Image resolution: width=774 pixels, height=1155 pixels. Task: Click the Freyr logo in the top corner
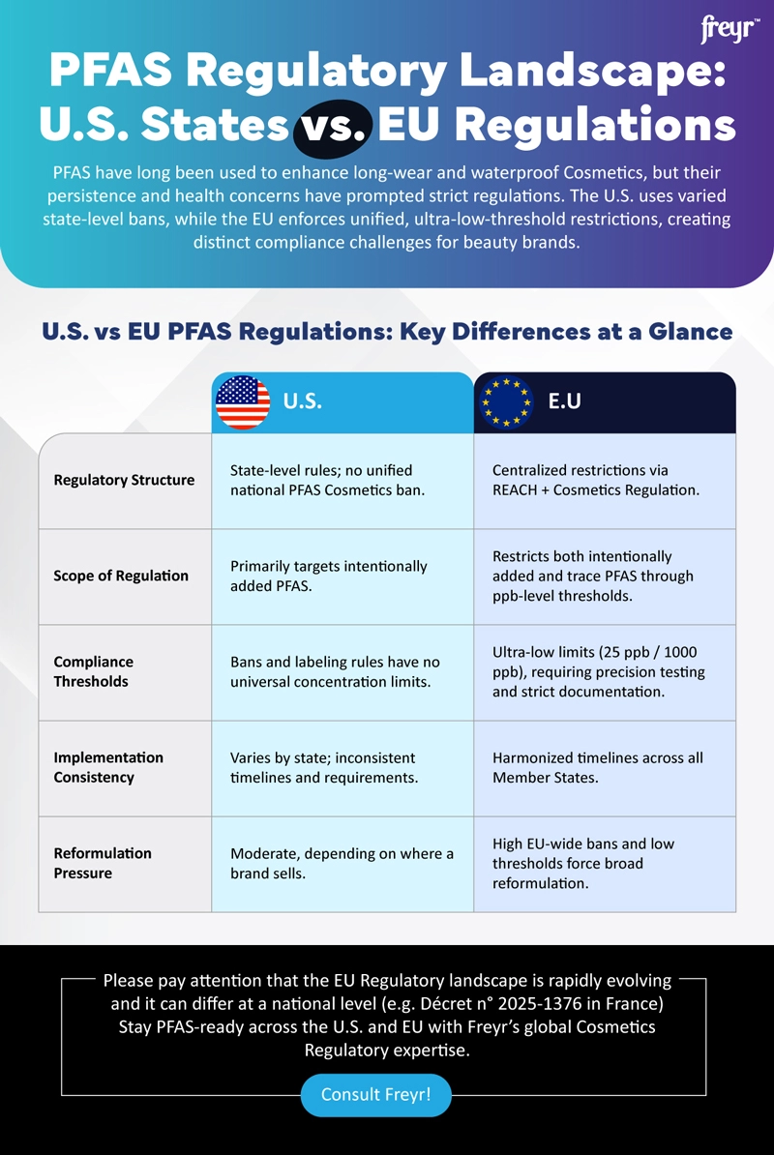729,30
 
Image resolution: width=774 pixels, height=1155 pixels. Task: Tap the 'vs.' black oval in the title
333,128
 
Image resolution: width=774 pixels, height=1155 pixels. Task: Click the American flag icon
243,402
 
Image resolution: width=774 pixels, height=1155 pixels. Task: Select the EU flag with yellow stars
504,402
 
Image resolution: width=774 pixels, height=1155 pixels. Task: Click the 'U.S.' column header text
302,401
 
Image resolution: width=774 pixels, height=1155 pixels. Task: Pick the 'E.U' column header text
564,400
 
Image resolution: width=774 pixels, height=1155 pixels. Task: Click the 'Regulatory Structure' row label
124,480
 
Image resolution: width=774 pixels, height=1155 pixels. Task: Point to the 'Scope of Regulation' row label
121,576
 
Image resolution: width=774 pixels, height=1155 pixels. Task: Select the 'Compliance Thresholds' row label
94,671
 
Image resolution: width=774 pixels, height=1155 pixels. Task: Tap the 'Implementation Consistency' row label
108,767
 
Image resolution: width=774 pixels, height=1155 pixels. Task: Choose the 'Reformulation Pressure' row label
103,863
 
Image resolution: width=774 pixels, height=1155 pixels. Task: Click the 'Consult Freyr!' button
375,1095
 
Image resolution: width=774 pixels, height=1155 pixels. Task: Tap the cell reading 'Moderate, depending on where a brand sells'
342,863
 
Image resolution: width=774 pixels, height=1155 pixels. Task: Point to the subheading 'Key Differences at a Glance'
560,332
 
